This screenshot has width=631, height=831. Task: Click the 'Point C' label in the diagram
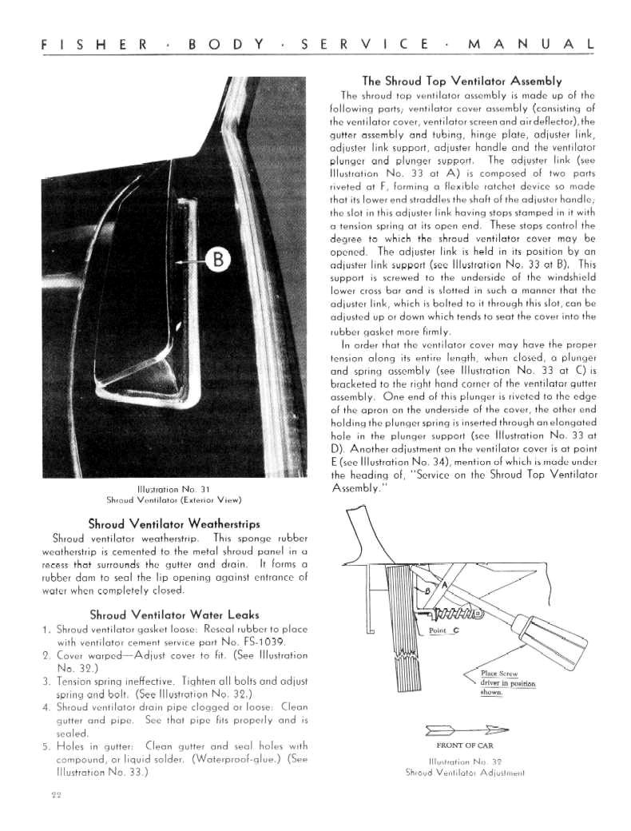click(443, 631)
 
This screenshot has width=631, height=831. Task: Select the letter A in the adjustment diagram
click(446, 584)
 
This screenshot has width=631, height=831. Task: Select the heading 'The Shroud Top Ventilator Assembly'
click(462, 81)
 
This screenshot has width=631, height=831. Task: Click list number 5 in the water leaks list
click(46, 746)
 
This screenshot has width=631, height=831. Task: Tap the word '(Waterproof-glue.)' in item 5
click(237, 759)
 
